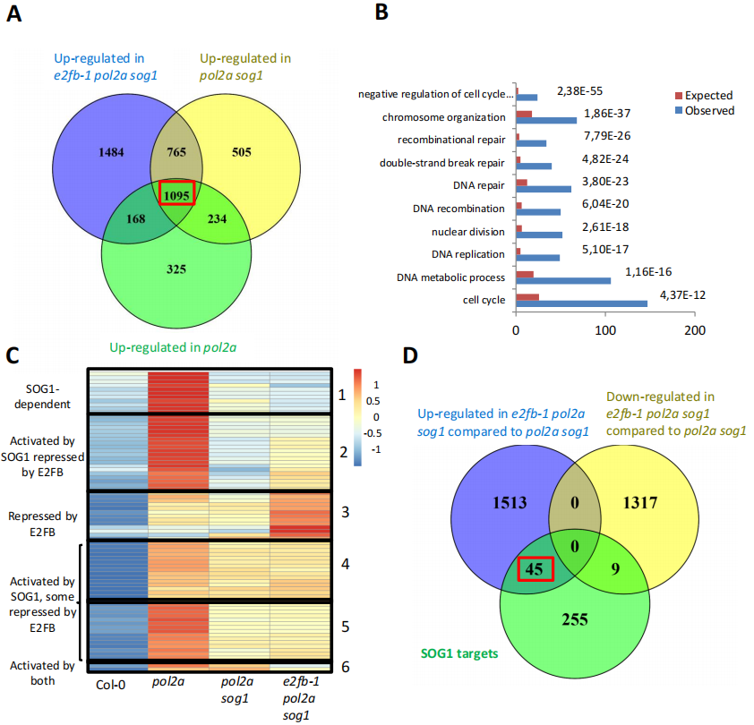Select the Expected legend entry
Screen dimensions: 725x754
pos(703,96)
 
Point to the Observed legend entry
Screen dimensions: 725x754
pos(703,110)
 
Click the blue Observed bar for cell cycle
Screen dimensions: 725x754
pos(581,303)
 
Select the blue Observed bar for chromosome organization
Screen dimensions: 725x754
pos(547,120)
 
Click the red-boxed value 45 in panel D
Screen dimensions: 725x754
pos(536,568)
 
